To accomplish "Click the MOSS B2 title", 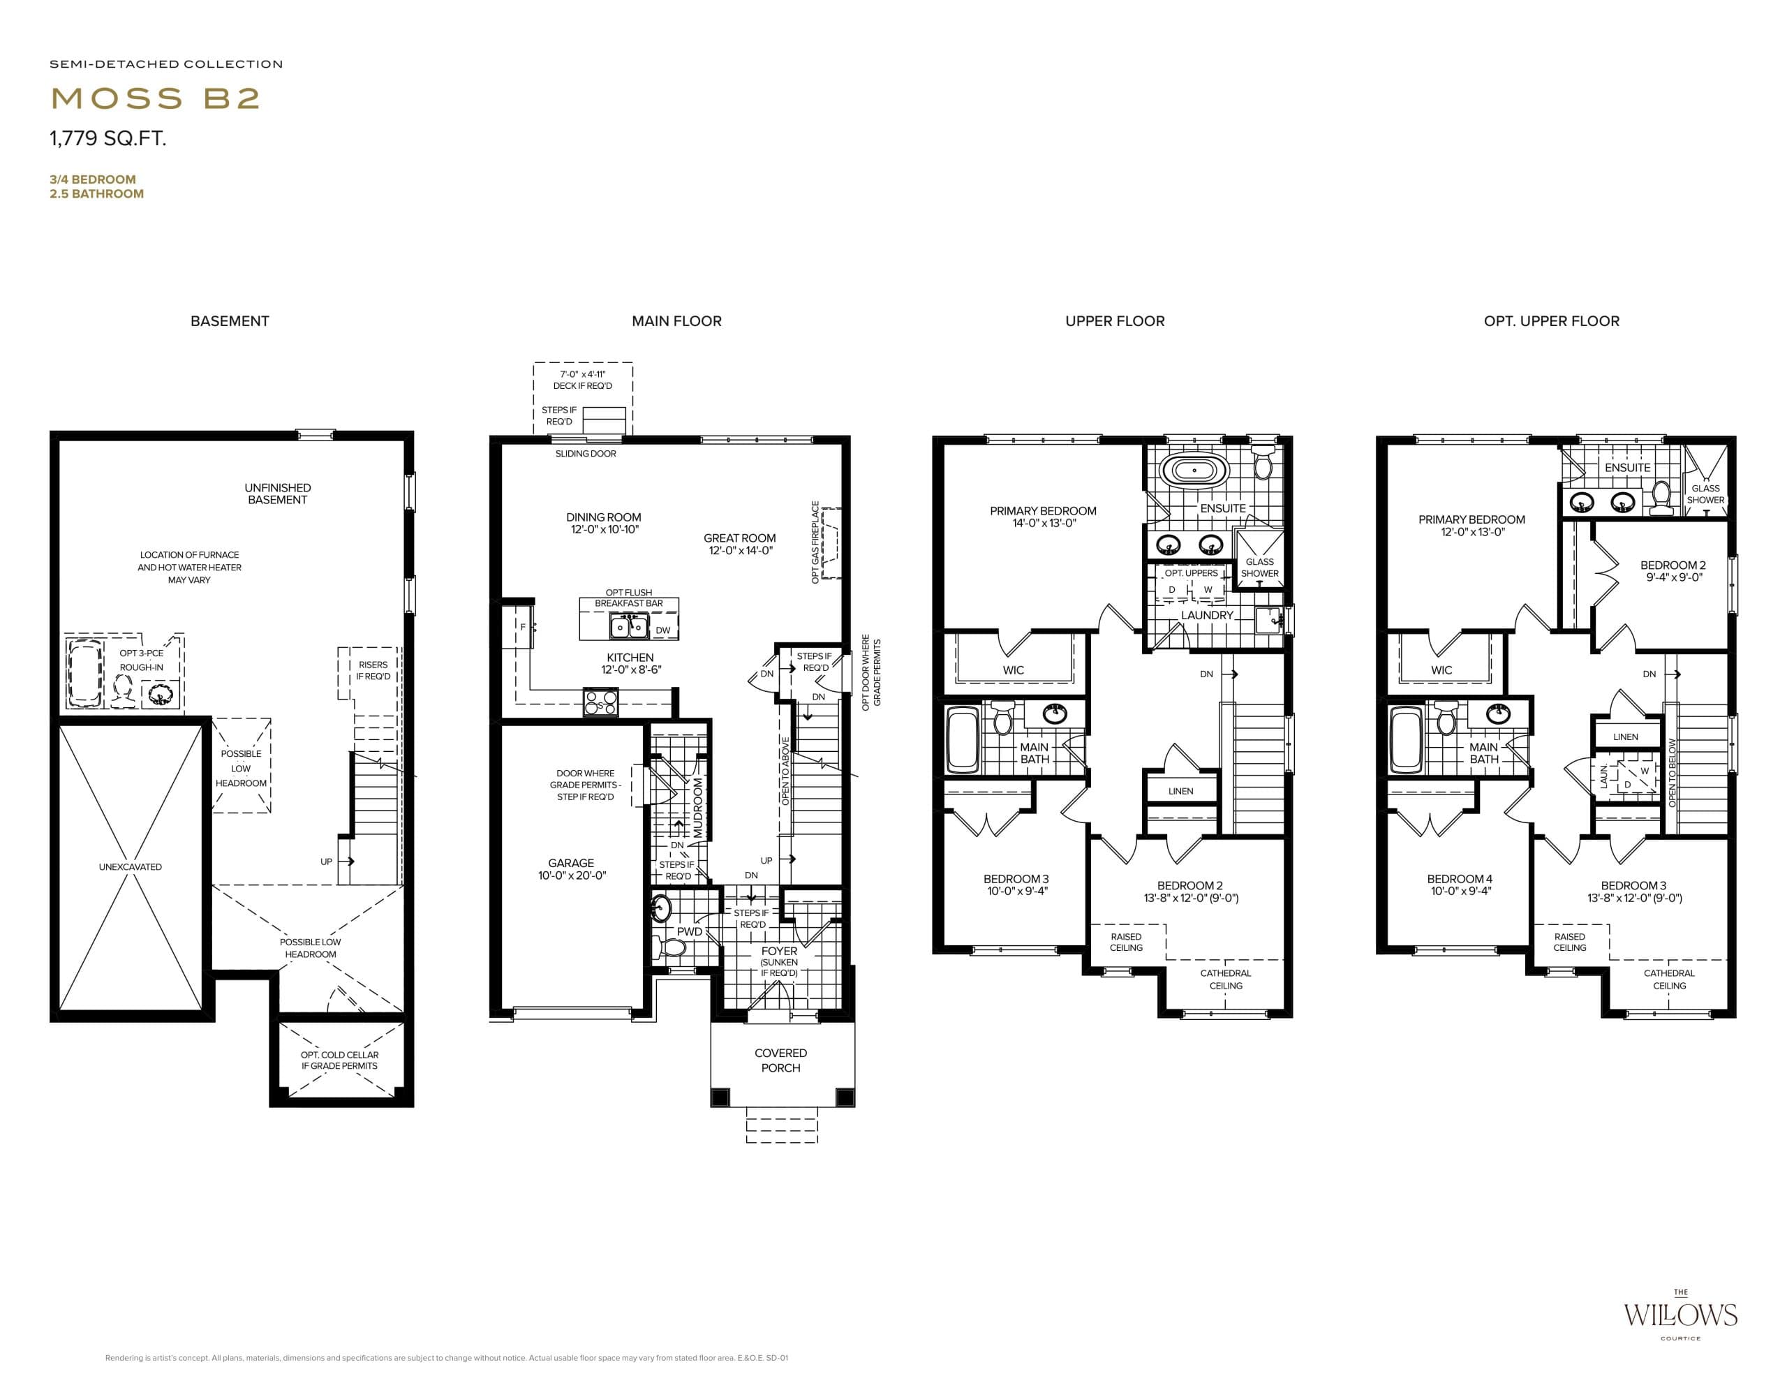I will (156, 98).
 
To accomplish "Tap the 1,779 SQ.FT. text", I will (108, 138).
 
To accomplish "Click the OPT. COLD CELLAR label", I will (339, 1060).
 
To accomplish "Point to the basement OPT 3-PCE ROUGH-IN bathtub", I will (85, 672).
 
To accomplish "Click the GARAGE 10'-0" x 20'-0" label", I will (571, 869).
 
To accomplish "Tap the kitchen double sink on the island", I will (628, 628).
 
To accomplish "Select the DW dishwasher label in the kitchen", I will (662, 630).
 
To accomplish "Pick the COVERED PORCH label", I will (780, 1060).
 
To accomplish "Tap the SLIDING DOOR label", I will (586, 453).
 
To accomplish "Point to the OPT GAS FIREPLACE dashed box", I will (832, 543).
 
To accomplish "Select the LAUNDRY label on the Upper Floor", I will (1207, 615).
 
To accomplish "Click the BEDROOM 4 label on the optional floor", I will (1460, 885).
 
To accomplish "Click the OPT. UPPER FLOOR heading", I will (1551, 320).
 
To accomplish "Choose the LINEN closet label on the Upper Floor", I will (1180, 791).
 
